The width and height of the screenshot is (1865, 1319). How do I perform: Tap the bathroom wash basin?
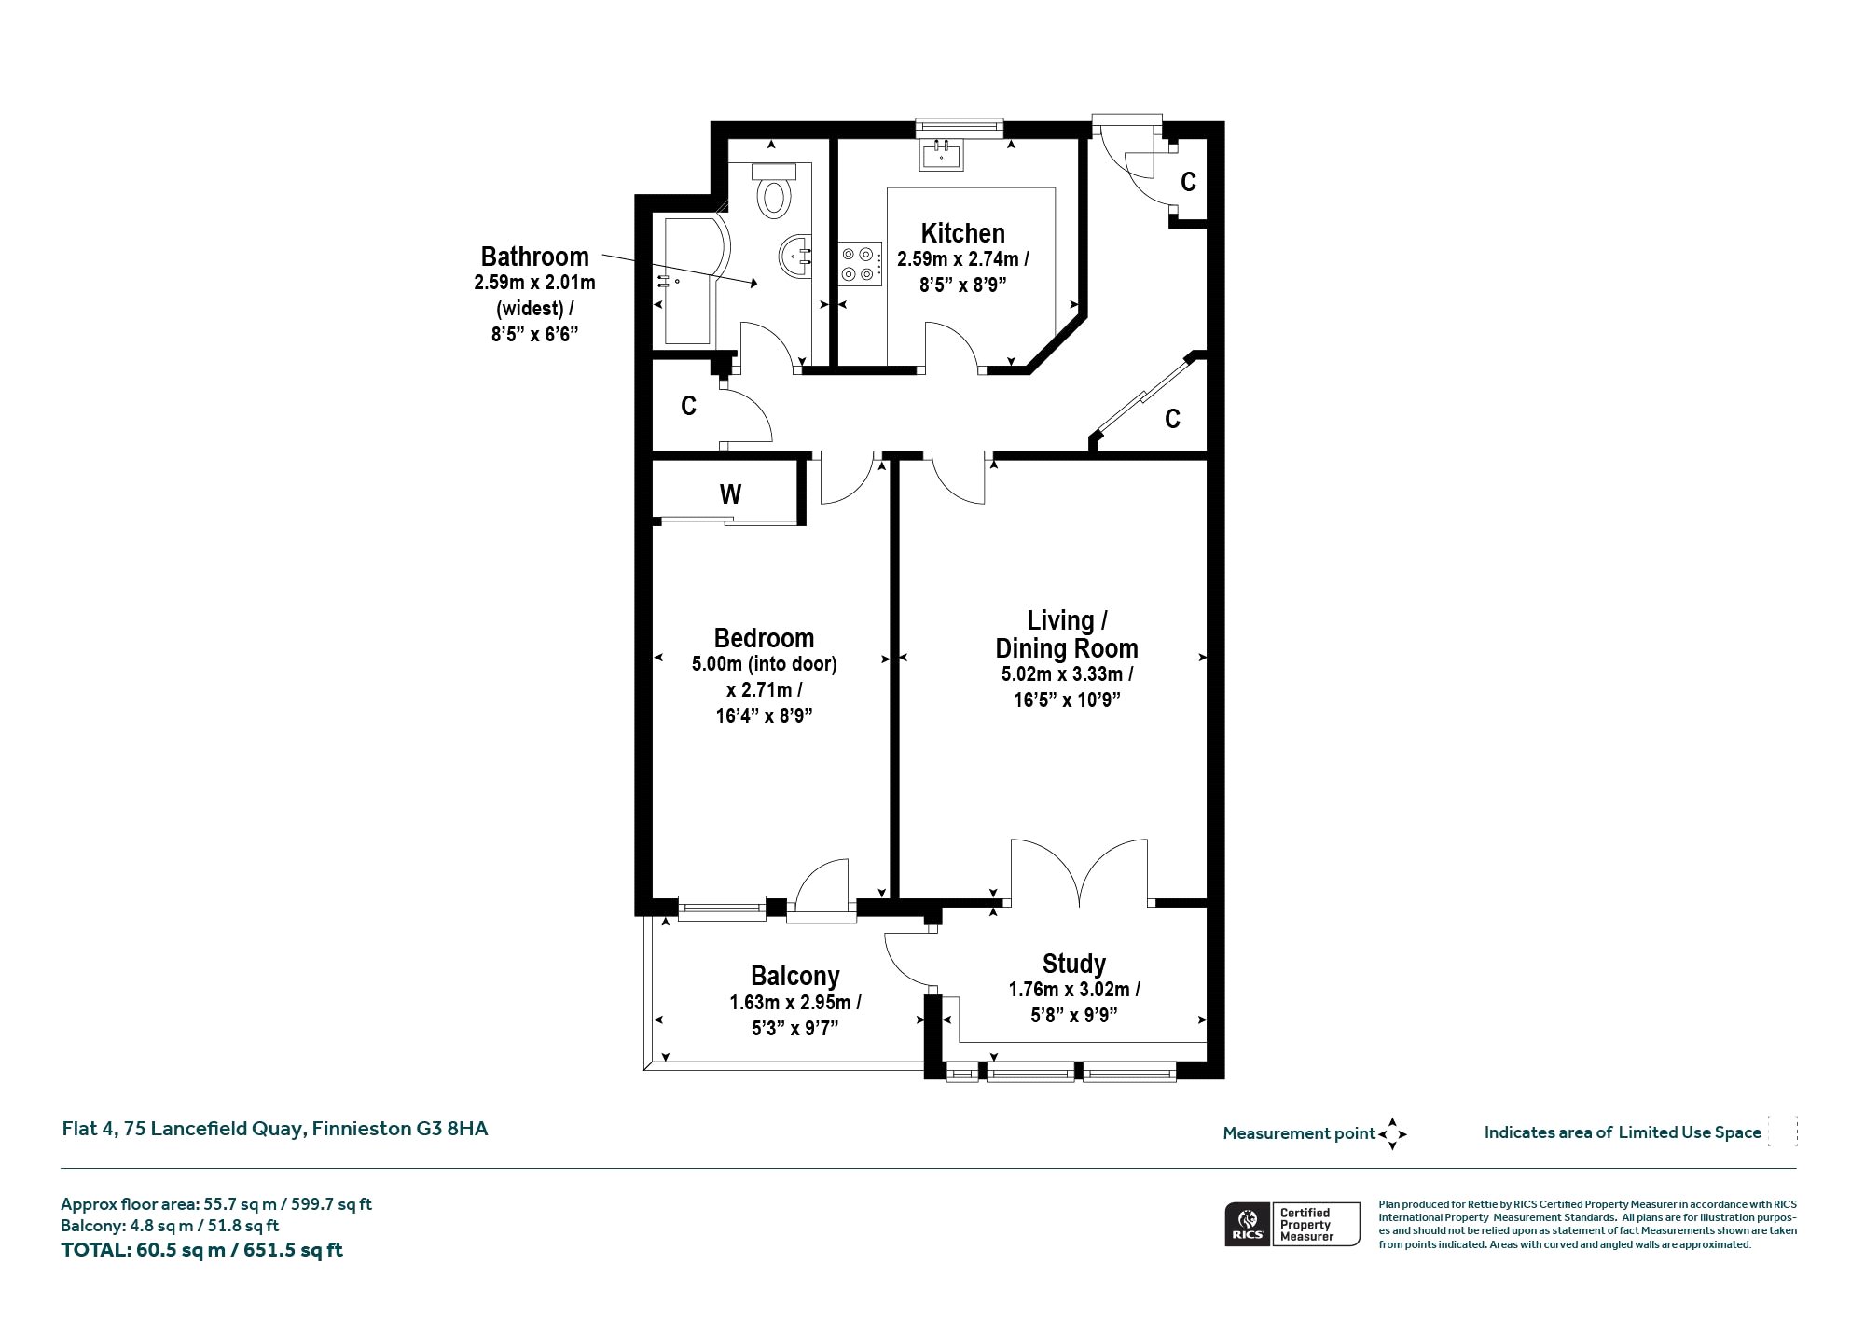[796, 255]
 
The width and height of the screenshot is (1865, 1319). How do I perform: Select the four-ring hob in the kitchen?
[859, 262]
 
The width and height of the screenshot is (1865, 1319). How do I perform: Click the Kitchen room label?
[963, 233]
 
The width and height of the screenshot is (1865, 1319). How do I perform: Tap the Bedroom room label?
[764, 638]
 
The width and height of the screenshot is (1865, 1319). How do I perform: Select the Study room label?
[1074, 964]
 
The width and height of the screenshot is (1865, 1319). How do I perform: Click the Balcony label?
[795, 976]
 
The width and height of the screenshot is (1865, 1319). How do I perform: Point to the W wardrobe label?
[730, 494]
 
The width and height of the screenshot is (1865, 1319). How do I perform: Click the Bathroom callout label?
[534, 257]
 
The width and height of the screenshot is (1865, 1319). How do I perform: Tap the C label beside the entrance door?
[1188, 182]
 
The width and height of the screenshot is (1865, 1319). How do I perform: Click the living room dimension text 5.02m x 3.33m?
[1067, 674]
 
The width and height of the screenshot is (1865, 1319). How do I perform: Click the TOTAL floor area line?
[201, 1250]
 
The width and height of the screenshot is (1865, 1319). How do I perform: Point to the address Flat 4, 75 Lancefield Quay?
[182, 1129]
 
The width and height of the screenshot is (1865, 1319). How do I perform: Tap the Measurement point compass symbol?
[1392, 1134]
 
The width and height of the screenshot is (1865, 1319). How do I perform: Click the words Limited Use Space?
[1690, 1132]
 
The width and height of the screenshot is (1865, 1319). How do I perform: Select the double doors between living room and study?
[1080, 873]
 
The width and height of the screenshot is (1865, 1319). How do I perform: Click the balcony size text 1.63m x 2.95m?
[795, 1003]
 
